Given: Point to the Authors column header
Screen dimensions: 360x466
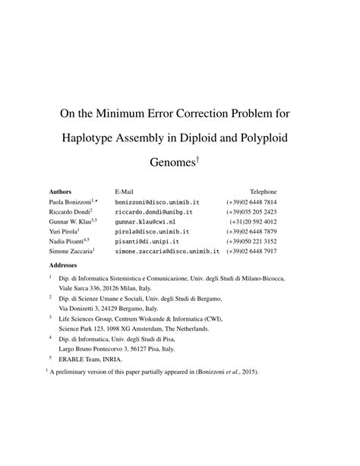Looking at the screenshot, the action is click(x=60, y=192).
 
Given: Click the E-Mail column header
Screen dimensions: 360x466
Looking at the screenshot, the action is click(x=126, y=192).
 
